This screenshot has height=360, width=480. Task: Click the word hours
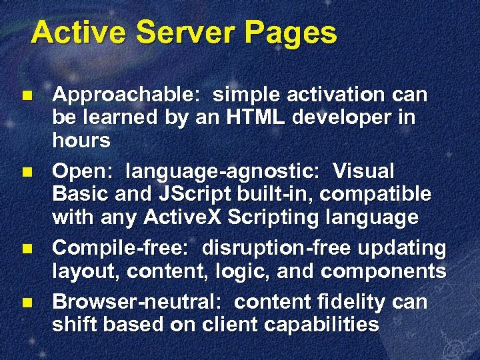click(81, 141)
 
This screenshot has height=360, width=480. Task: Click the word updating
click(403, 249)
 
